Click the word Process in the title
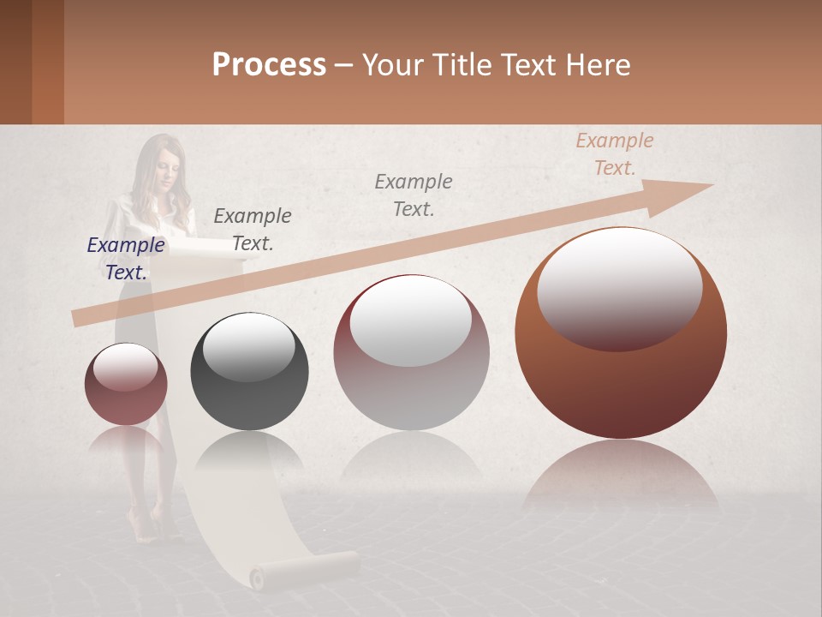click(269, 65)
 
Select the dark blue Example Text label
click(126, 258)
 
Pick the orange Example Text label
click(614, 154)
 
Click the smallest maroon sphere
click(126, 384)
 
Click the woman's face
click(165, 172)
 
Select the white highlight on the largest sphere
click(619, 287)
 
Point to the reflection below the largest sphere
click(621, 480)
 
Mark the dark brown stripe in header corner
click(15, 62)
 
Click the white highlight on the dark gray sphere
click(249, 347)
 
